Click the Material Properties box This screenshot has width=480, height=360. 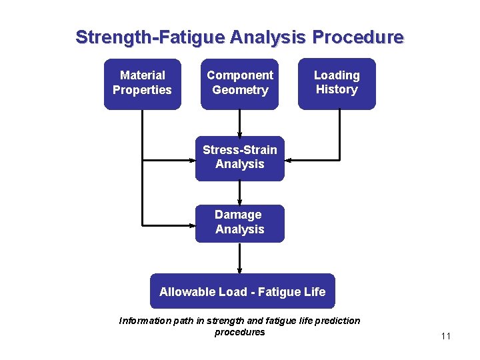(x=142, y=83)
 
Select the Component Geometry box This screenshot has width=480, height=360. (x=239, y=83)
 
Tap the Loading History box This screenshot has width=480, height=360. (x=337, y=83)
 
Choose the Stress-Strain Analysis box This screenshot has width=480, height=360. (x=239, y=157)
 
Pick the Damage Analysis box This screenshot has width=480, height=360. (x=239, y=223)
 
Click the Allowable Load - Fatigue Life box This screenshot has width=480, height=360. (x=242, y=291)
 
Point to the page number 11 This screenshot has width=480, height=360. (x=446, y=336)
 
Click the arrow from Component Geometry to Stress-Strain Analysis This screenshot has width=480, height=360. (x=239, y=123)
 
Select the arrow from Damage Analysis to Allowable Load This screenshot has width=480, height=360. (x=239, y=258)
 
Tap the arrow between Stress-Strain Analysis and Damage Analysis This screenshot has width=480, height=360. (x=239, y=193)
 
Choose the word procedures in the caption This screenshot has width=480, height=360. (x=239, y=332)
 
